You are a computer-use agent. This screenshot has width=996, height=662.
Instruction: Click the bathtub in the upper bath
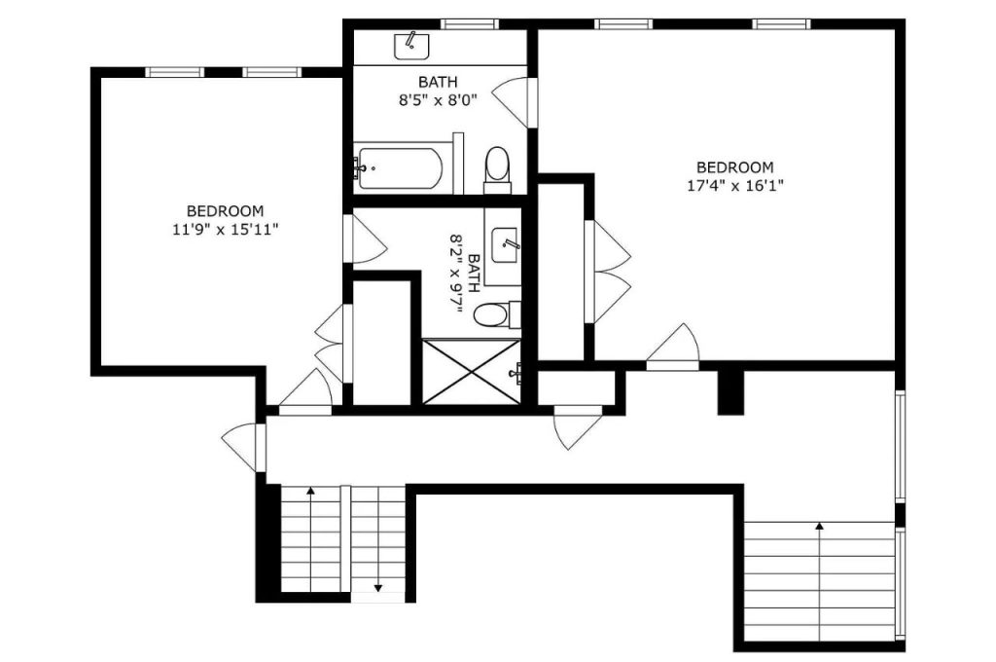[x=398, y=168]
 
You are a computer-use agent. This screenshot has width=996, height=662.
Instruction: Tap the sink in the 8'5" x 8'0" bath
[x=411, y=47]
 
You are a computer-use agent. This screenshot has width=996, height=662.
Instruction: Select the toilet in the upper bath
[x=497, y=169]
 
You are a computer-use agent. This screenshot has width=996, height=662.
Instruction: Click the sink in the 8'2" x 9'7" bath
[x=505, y=244]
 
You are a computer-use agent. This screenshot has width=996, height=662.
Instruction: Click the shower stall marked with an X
[x=472, y=371]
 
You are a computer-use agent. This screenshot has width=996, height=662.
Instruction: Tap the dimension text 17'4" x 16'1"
[x=735, y=186]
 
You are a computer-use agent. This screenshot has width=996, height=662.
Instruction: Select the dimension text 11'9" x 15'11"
[x=226, y=229]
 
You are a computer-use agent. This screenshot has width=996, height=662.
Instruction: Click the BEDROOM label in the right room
[x=735, y=167]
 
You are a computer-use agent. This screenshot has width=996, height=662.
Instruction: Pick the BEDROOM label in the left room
[x=226, y=210]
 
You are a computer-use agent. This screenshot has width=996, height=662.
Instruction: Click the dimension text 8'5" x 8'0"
[x=438, y=100]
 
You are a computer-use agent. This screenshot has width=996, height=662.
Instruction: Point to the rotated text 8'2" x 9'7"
[x=464, y=274]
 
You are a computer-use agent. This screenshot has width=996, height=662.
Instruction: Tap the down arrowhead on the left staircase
[x=378, y=588]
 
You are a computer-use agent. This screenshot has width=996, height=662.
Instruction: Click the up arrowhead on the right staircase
[x=819, y=526]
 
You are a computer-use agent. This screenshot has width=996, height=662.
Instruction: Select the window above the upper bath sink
[x=470, y=24]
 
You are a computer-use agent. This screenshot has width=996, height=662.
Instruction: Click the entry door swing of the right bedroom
[x=673, y=347]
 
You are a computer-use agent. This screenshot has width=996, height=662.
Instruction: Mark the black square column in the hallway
[x=730, y=392]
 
